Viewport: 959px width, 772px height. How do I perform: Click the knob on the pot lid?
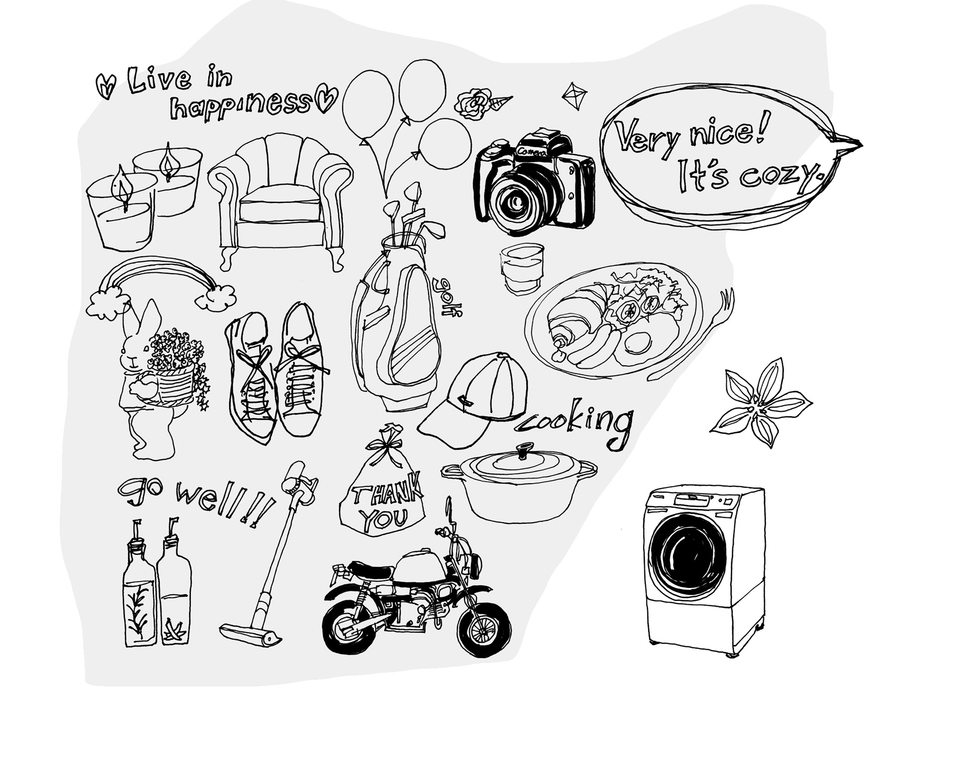pyautogui.click(x=524, y=451)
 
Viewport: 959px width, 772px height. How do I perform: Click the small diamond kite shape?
pyautogui.click(x=574, y=95)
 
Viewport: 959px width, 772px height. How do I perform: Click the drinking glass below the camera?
pyautogui.click(x=521, y=267)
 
